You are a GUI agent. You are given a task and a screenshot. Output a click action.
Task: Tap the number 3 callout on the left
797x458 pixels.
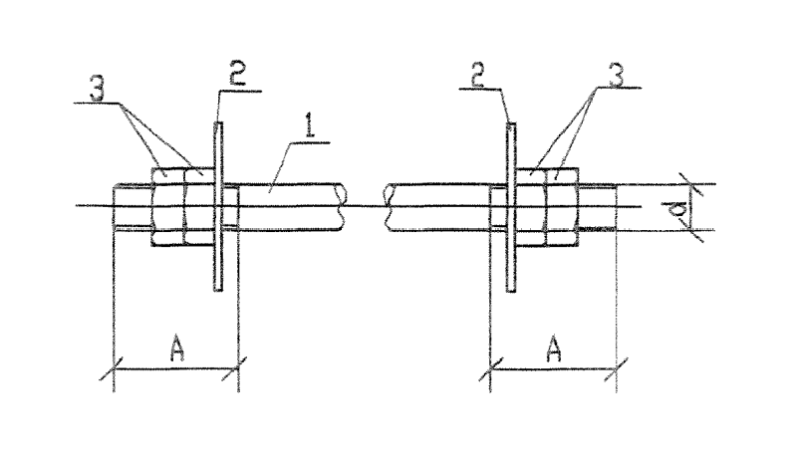pyautogui.click(x=97, y=88)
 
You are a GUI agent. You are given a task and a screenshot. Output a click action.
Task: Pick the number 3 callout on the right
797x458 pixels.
pyautogui.click(x=615, y=76)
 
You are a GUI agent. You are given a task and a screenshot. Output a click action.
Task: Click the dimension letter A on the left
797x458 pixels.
pyautogui.click(x=176, y=349)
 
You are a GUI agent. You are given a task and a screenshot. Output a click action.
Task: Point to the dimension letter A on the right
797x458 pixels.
pyautogui.click(x=553, y=349)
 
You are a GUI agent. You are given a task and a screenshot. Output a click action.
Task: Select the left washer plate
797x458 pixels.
pyautogui.click(x=218, y=207)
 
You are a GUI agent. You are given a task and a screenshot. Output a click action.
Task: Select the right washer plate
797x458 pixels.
pyautogui.click(x=511, y=207)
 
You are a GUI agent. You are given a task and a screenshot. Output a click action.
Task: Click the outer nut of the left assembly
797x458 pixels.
pyautogui.click(x=167, y=207)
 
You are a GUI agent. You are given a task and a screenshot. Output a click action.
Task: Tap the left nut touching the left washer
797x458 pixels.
pyautogui.click(x=199, y=207)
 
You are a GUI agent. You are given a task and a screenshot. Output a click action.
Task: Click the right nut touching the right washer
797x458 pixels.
pyautogui.click(x=530, y=207)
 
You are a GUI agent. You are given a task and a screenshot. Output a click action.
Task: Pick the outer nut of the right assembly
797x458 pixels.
pyautogui.click(x=562, y=207)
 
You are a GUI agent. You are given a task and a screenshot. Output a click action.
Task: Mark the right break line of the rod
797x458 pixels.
pyautogui.click(x=389, y=207)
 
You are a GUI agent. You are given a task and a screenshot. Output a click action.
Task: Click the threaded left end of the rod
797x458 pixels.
pyautogui.click(x=133, y=207)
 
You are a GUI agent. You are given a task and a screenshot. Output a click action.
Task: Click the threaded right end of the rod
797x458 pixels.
pyautogui.click(x=598, y=207)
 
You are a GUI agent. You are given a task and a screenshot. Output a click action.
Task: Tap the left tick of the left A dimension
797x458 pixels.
pyautogui.click(x=113, y=368)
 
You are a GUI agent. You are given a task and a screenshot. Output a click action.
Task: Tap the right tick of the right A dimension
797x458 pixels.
pyautogui.click(x=616, y=369)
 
